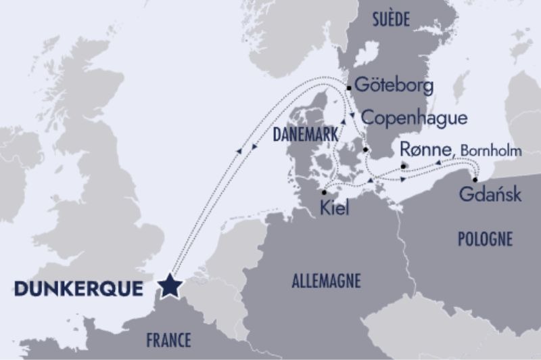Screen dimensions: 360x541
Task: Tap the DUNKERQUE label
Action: (x=78, y=289)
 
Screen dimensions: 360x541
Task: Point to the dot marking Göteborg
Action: (x=349, y=87)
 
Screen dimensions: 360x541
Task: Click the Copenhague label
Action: (x=415, y=118)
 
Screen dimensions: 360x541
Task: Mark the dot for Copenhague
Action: (x=365, y=150)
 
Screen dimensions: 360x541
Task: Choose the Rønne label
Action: (x=425, y=149)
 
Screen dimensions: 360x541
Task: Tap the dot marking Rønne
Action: (x=403, y=166)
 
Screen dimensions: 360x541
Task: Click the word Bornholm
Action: (x=492, y=151)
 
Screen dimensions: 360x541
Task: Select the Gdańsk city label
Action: (x=490, y=195)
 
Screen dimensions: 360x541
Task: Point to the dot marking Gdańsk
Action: (x=476, y=180)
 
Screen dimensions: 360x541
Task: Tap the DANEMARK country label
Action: (x=305, y=135)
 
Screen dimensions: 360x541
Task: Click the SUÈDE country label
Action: (x=391, y=20)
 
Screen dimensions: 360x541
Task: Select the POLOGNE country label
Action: (x=485, y=238)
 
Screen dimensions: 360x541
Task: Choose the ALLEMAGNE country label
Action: (x=326, y=280)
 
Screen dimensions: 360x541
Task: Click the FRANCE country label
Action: (x=168, y=339)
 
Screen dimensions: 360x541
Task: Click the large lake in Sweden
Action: (x=366, y=54)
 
